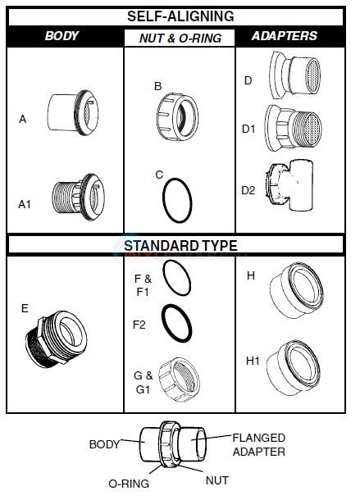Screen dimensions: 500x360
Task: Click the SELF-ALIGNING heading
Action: point(180,16)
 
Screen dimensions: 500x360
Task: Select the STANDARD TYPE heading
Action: point(180,245)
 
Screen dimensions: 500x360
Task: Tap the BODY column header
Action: point(62,37)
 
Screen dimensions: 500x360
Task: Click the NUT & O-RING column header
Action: point(179,38)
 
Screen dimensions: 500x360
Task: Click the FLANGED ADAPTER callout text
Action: point(258,444)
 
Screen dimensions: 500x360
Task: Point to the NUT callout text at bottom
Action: point(216,480)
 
